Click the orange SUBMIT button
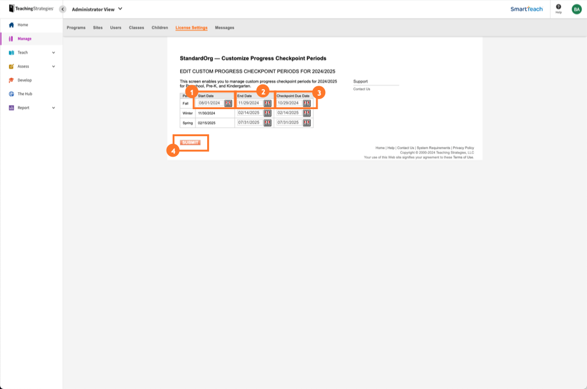[190, 143]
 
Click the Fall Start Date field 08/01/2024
[210, 103]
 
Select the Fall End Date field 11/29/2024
[249, 103]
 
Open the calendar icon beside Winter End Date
[268, 113]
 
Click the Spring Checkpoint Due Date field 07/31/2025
[288, 123]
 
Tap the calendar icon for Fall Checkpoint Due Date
[307, 103]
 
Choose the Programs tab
[76, 28]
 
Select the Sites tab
[97, 28]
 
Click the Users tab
[116, 28]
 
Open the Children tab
[160, 28]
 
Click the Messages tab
[224, 28]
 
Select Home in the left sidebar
[23, 25]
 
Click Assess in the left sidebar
[23, 66]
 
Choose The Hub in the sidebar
[25, 94]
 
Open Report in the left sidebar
[23, 108]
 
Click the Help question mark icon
[558, 6]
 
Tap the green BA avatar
[576, 9]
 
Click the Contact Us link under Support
[362, 89]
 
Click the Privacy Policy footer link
[463, 148]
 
